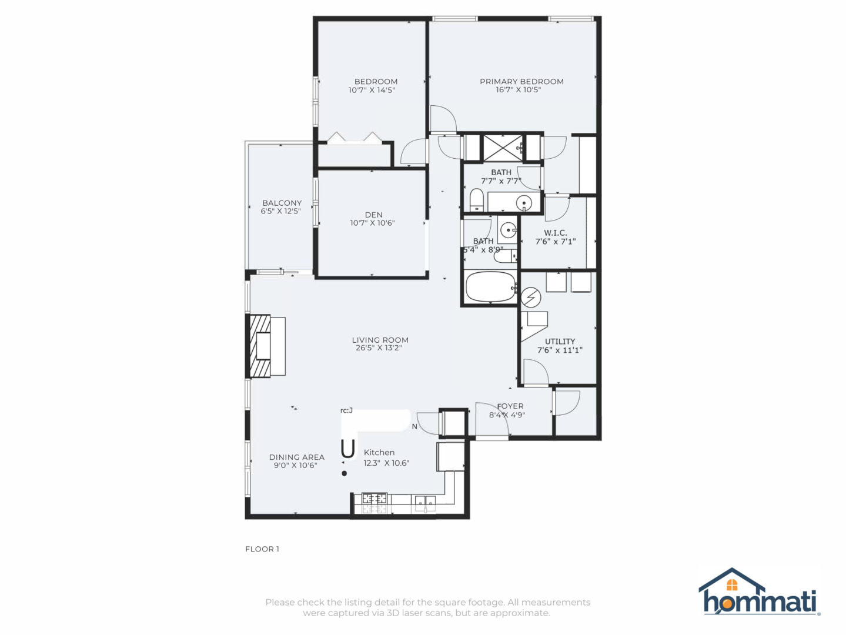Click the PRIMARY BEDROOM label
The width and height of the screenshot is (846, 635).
[x=521, y=82]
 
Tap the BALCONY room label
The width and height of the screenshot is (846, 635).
[x=282, y=203]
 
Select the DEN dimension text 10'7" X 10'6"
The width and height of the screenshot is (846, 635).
[x=372, y=223]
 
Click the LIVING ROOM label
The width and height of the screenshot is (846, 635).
[x=380, y=340]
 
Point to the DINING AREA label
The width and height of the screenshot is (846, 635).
[x=296, y=457]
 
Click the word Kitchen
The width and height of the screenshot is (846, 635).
[x=379, y=452]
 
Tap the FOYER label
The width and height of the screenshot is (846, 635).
[x=510, y=406]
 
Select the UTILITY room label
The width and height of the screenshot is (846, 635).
[x=560, y=341]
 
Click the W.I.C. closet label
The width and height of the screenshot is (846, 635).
[x=555, y=233]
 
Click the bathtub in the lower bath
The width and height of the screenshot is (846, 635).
[x=490, y=288]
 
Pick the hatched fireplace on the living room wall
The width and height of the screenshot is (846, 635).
[x=260, y=346]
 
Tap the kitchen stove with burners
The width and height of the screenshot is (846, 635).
[x=374, y=503]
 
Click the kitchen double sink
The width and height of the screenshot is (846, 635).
[x=425, y=502]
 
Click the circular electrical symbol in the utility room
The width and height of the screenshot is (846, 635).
[x=531, y=297]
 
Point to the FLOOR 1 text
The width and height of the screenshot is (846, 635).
[x=262, y=549]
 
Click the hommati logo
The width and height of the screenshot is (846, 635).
[x=759, y=593]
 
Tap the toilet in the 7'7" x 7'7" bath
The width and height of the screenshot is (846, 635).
[x=477, y=200]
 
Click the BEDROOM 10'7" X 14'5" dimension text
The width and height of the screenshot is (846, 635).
[x=372, y=90]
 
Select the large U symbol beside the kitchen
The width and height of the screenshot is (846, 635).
[x=347, y=449]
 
